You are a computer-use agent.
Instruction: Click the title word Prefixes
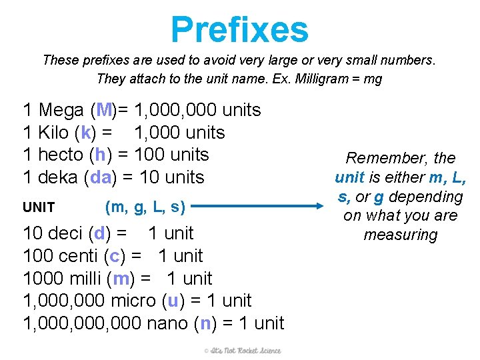pos(239,30)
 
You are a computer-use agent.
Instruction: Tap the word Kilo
pos(54,133)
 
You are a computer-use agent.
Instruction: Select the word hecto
pos(60,155)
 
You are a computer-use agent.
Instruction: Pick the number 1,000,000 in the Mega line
pos(177,110)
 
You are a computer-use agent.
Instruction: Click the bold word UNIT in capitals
pos(39,207)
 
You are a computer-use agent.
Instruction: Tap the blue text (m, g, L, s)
pos(145,207)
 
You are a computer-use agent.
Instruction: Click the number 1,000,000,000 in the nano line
pos(82,323)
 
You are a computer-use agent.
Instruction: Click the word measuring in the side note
pos(400,235)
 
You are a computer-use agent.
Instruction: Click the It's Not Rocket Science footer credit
pos(243,351)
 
